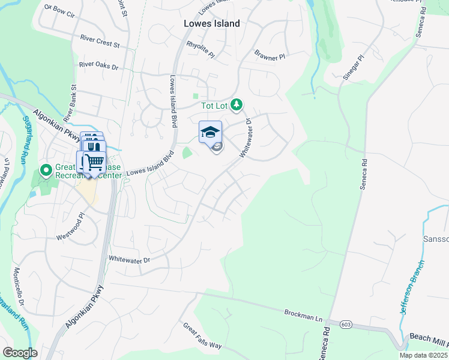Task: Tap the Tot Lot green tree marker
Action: (x=237, y=106)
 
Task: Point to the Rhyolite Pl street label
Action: (x=200, y=49)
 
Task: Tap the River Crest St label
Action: (x=100, y=41)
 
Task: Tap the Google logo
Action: (x=20, y=353)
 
